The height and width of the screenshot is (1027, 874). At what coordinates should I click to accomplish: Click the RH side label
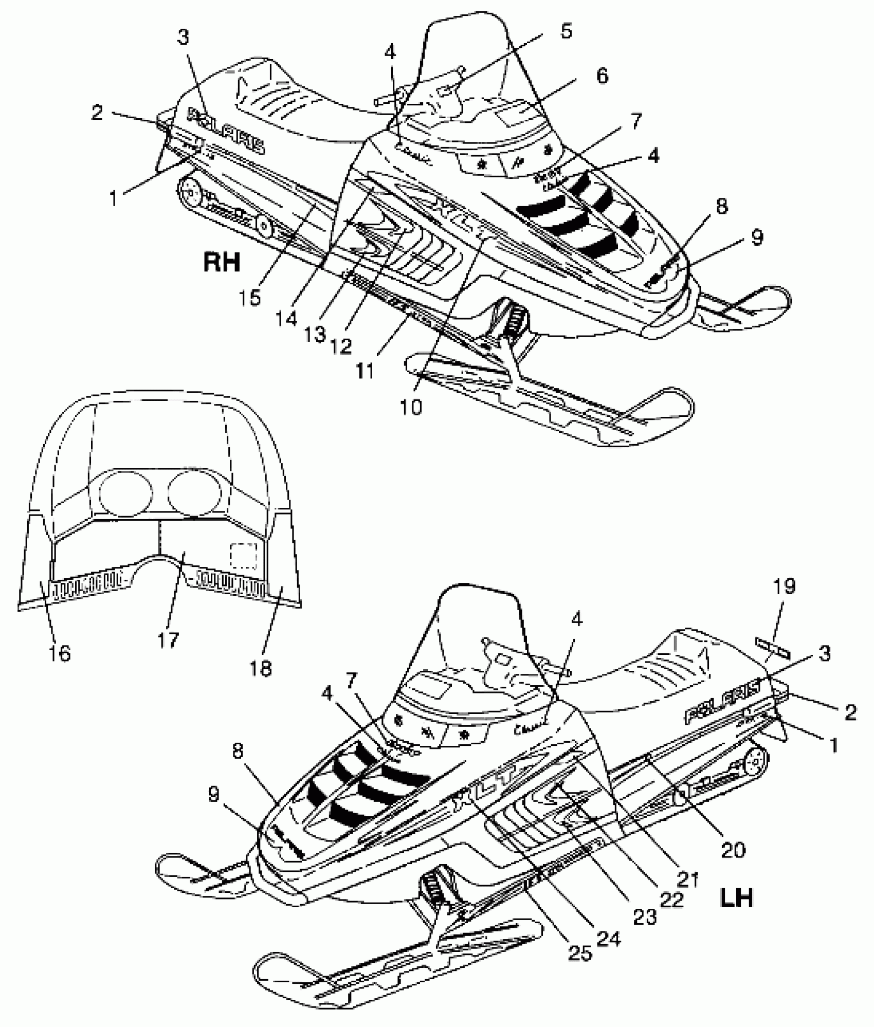pos(222,262)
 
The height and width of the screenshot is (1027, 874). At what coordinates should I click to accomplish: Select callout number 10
pos(410,407)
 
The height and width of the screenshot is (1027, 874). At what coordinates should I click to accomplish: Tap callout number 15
pos(250,297)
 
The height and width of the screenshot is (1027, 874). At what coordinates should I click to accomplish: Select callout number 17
pos(168,639)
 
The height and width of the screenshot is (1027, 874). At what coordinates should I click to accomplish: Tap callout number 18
pos(261,668)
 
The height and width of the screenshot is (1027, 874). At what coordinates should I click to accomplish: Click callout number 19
pos(784,585)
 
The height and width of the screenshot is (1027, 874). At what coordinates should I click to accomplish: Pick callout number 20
pos(733,850)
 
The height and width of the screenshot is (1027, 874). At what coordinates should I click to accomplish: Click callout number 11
pos(365,370)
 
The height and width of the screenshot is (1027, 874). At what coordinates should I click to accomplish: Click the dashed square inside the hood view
pos(243,556)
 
